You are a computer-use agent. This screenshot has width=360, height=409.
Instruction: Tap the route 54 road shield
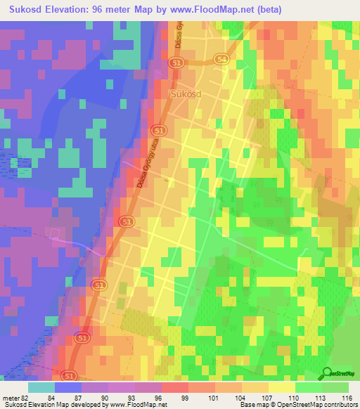point(222,60)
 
